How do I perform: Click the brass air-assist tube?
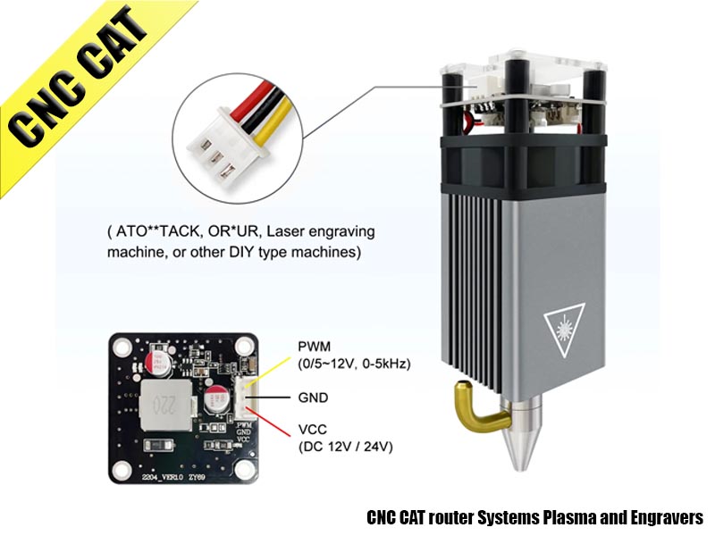pyautogui.click(x=470, y=410)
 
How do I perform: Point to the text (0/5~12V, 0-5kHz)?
pyautogui.click(x=352, y=363)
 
